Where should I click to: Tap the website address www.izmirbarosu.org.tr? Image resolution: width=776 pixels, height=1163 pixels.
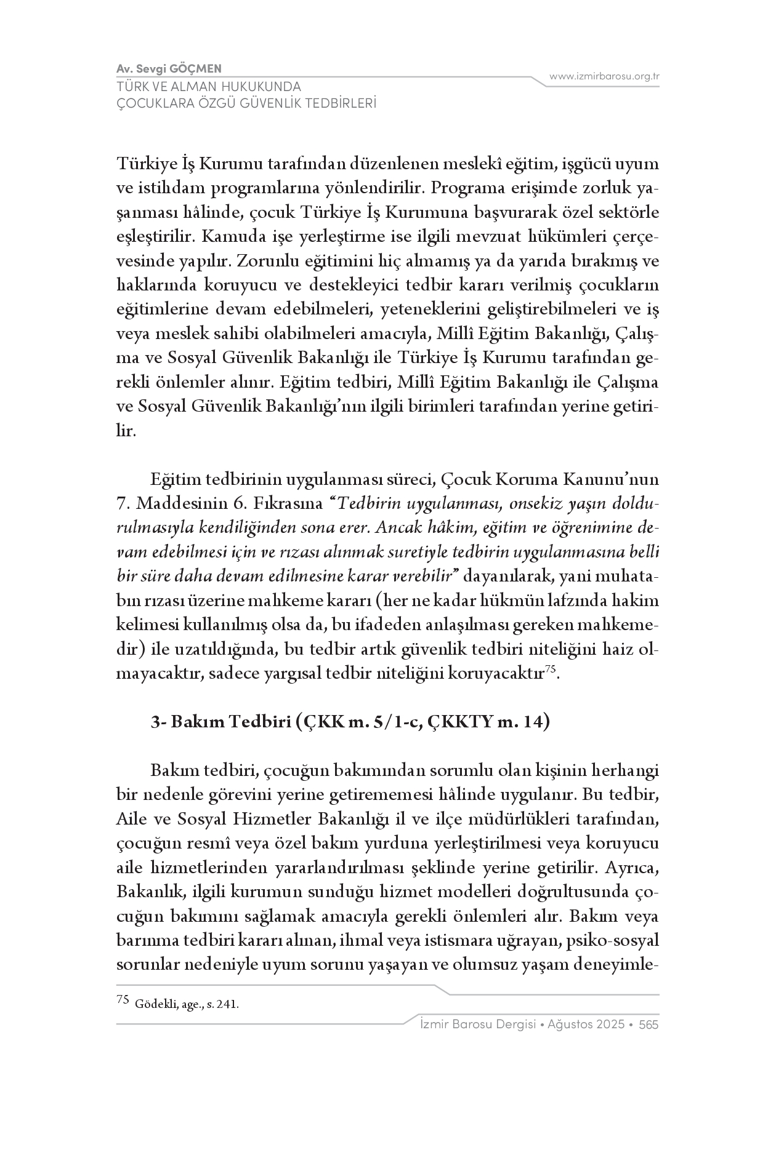pos(604,76)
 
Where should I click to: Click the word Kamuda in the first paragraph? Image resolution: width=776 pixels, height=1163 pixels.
pos(230,237)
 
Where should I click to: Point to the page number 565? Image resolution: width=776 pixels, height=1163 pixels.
pos(649,1025)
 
